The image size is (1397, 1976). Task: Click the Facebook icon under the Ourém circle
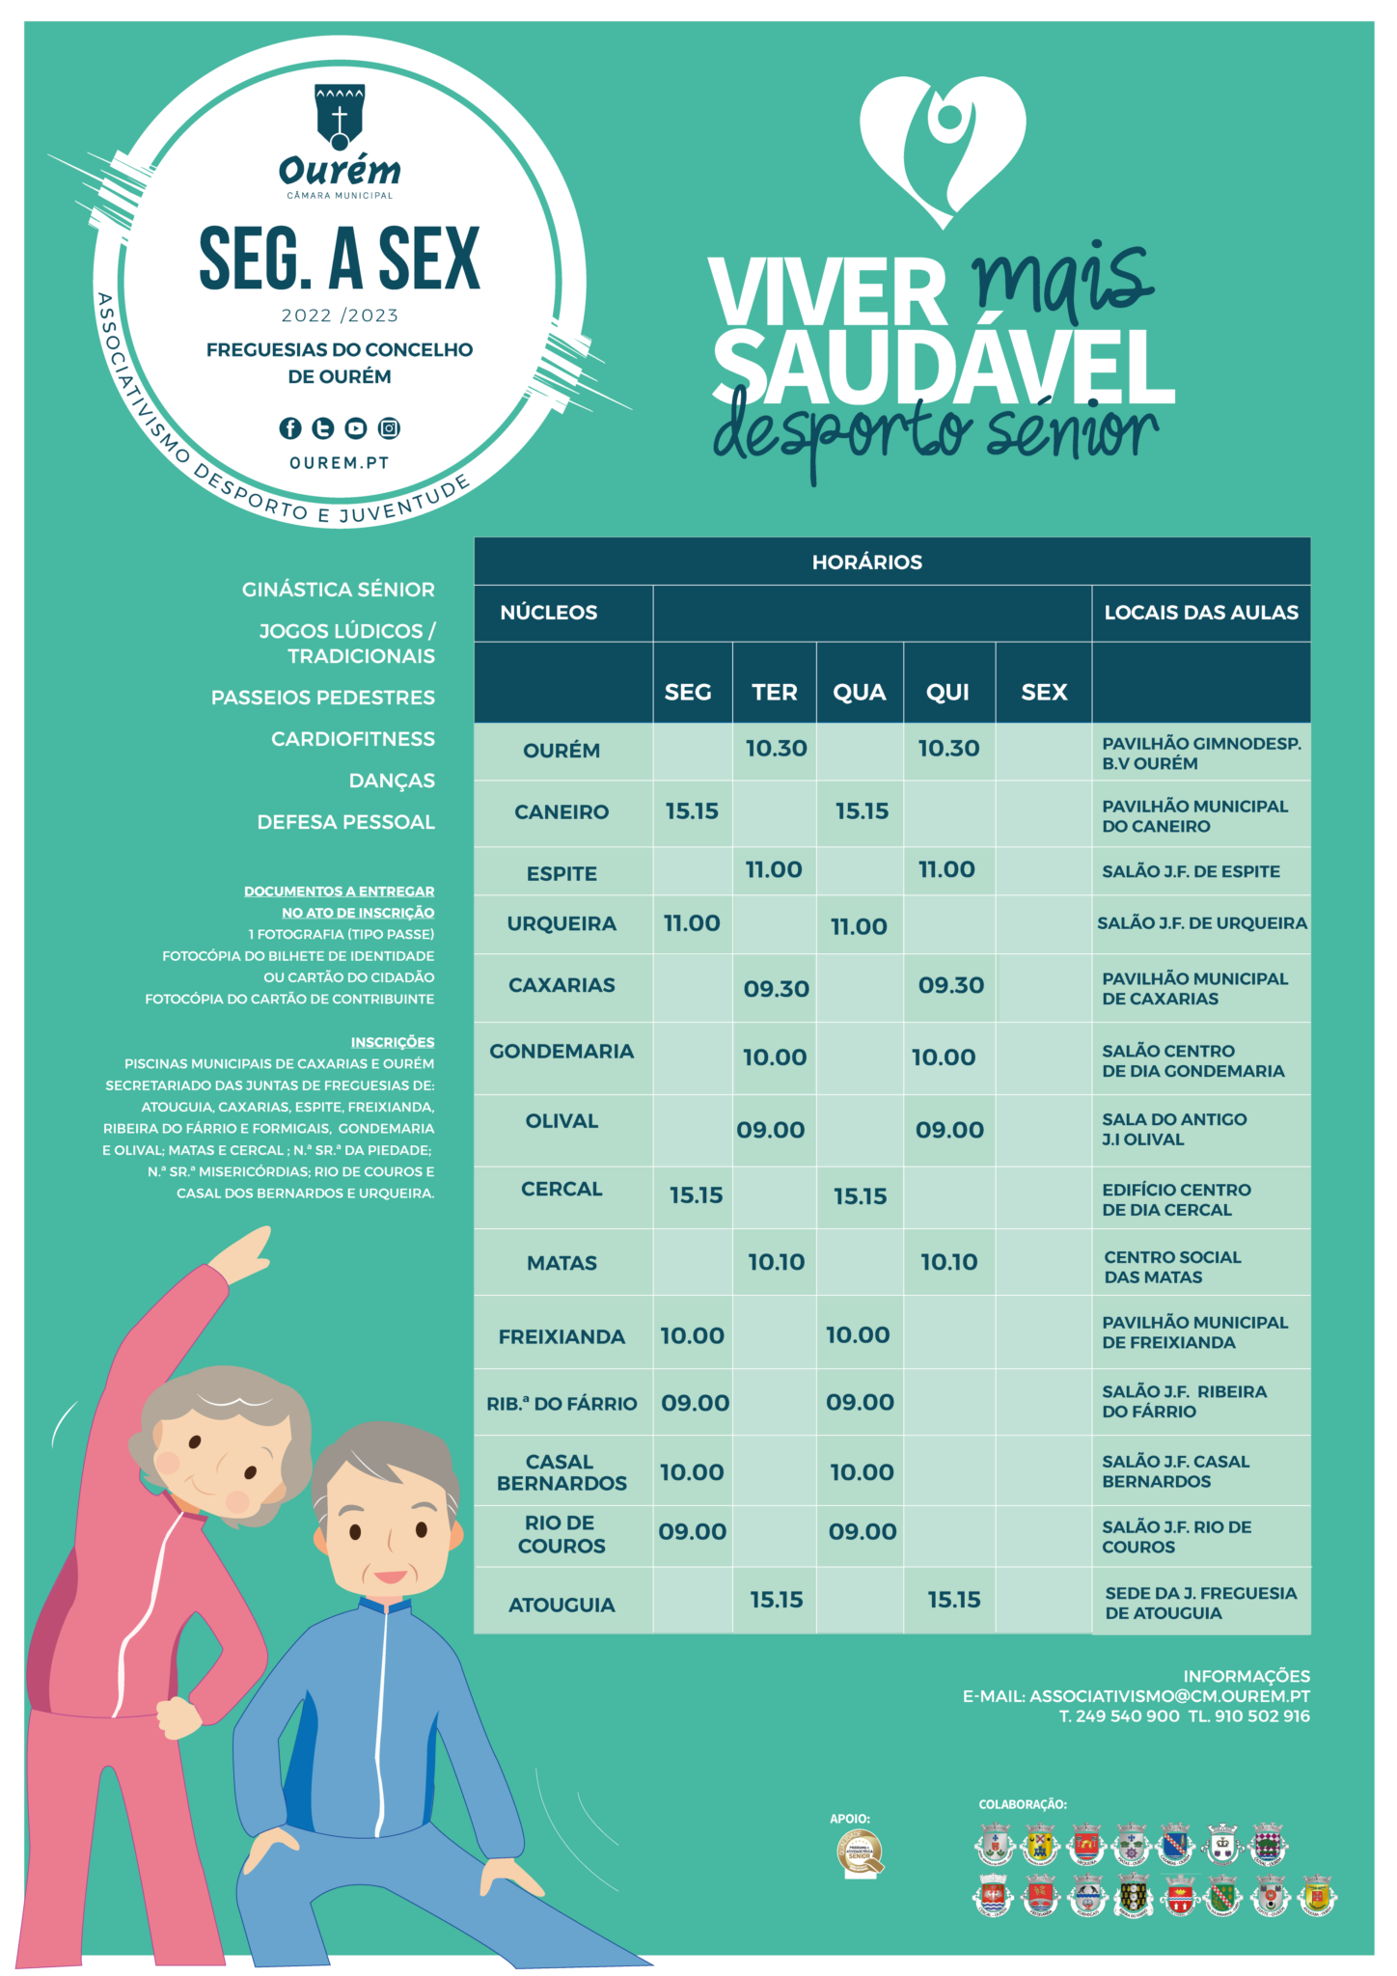[x=289, y=428]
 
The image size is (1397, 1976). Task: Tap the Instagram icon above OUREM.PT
[x=389, y=428]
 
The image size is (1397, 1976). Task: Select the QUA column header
[x=859, y=693]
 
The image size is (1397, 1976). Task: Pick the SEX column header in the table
[x=1044, y=693]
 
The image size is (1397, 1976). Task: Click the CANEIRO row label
[x=562, y=812]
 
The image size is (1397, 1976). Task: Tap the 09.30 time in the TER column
[x=776, y=989]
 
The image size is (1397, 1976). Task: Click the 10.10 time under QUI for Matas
[x=948, y=1262]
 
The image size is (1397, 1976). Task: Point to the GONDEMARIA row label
[x=562, y=1052]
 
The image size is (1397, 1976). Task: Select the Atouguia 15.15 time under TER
[x=776, y=1600]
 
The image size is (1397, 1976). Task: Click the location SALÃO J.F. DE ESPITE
[x=1191, y=871]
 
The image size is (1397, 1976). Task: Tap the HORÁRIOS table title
[x=866, y=563]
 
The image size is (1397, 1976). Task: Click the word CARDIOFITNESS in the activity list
[x=352, y=739]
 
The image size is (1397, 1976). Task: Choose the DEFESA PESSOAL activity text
[x=345, y=822]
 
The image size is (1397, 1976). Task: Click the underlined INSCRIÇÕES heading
[x=392, y=1042]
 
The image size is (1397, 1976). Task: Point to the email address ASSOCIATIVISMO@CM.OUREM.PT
[x=1169, y=1696]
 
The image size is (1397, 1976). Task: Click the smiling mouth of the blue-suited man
[x=391, y=1577]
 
